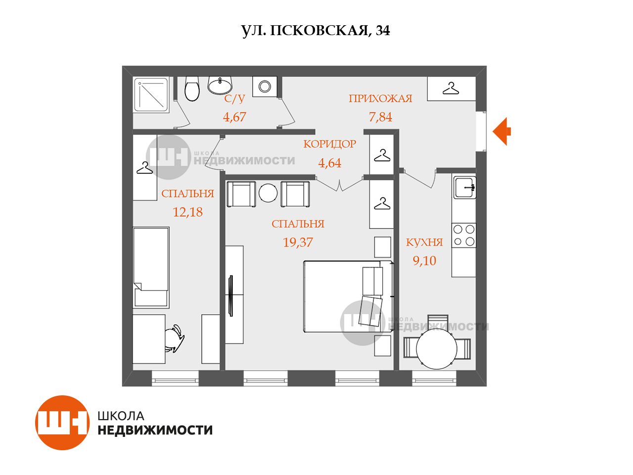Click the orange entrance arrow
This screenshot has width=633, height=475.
pos(501,131)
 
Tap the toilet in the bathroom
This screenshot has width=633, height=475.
pos(192,89)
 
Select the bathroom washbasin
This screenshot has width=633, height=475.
pos(220,85)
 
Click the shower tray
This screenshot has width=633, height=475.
pos(151,95)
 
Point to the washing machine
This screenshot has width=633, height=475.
pos(265,86)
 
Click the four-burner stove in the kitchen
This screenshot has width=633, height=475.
pos(464,236)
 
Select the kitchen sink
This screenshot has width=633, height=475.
pos(464,188)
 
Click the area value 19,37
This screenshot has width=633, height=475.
pos(298,242)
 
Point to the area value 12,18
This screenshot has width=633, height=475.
pos(188,212)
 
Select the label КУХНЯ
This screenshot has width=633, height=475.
pos(424,242)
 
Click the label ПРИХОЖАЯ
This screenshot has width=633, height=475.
pos(380,98)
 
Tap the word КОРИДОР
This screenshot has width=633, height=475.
pos(330,144)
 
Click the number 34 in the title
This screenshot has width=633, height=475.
pos(383,31)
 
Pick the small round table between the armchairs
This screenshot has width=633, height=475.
pos(268,193)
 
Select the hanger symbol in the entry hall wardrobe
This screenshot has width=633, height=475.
pos(451,88)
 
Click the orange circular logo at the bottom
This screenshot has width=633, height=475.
pos(62,423)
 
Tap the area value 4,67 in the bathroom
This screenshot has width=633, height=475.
pos(234,117)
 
